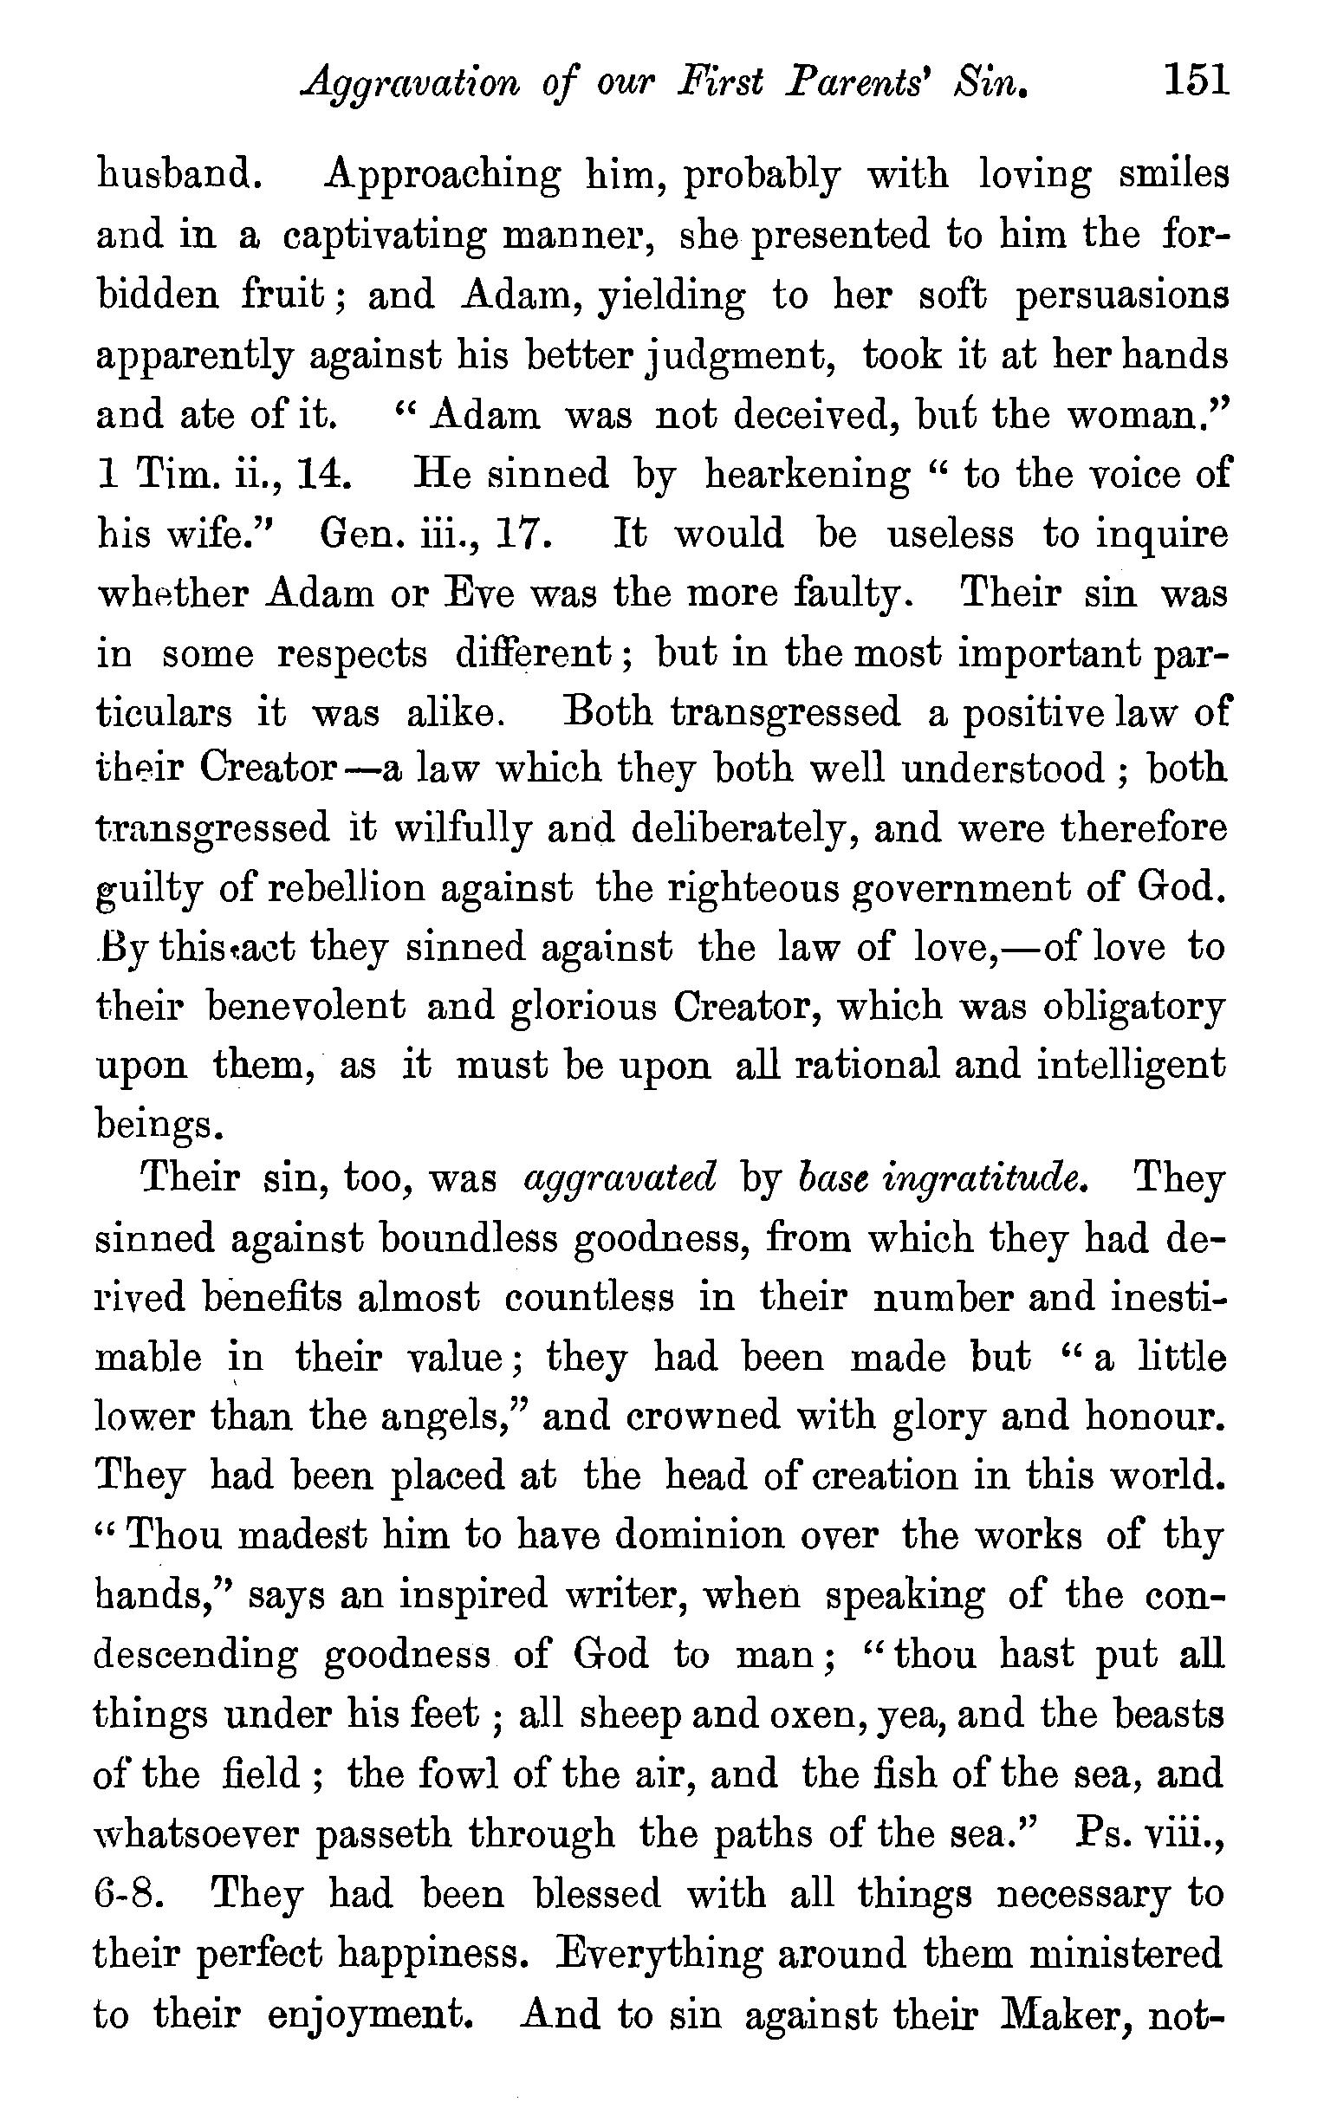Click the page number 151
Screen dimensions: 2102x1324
[x=1195, y=82]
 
